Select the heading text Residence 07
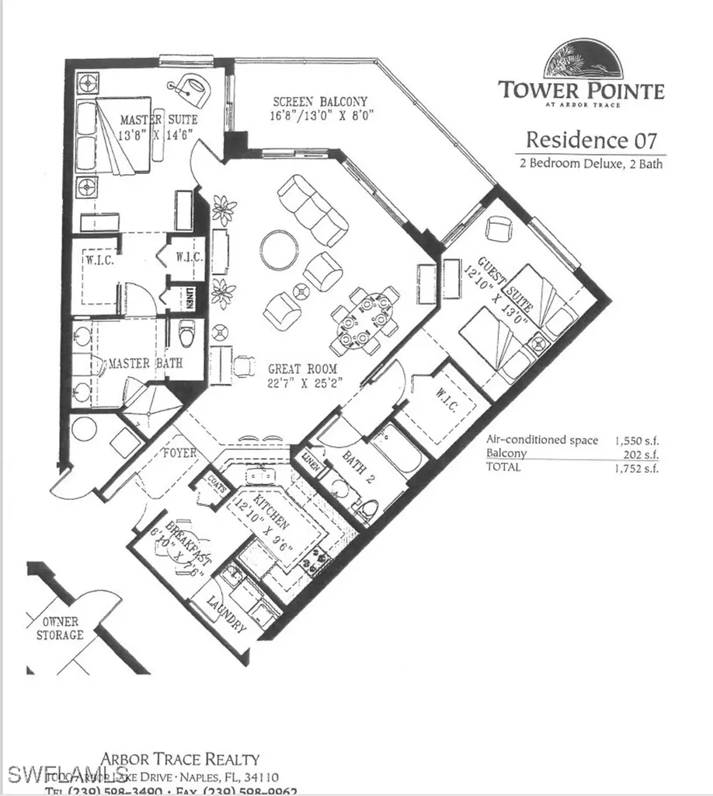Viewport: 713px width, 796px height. [591, 141]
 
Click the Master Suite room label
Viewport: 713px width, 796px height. [158, 120]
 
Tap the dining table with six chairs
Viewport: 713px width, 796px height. [363, 320]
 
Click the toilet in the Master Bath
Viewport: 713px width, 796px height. [187, 333]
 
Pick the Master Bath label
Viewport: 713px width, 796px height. [135, 363]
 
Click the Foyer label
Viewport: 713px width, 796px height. [179, 452]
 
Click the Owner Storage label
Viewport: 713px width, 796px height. [61, 628]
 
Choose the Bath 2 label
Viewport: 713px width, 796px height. [358, 469]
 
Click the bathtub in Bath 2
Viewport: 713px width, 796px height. [397, 452]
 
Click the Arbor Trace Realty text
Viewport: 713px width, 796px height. [180, 759]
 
